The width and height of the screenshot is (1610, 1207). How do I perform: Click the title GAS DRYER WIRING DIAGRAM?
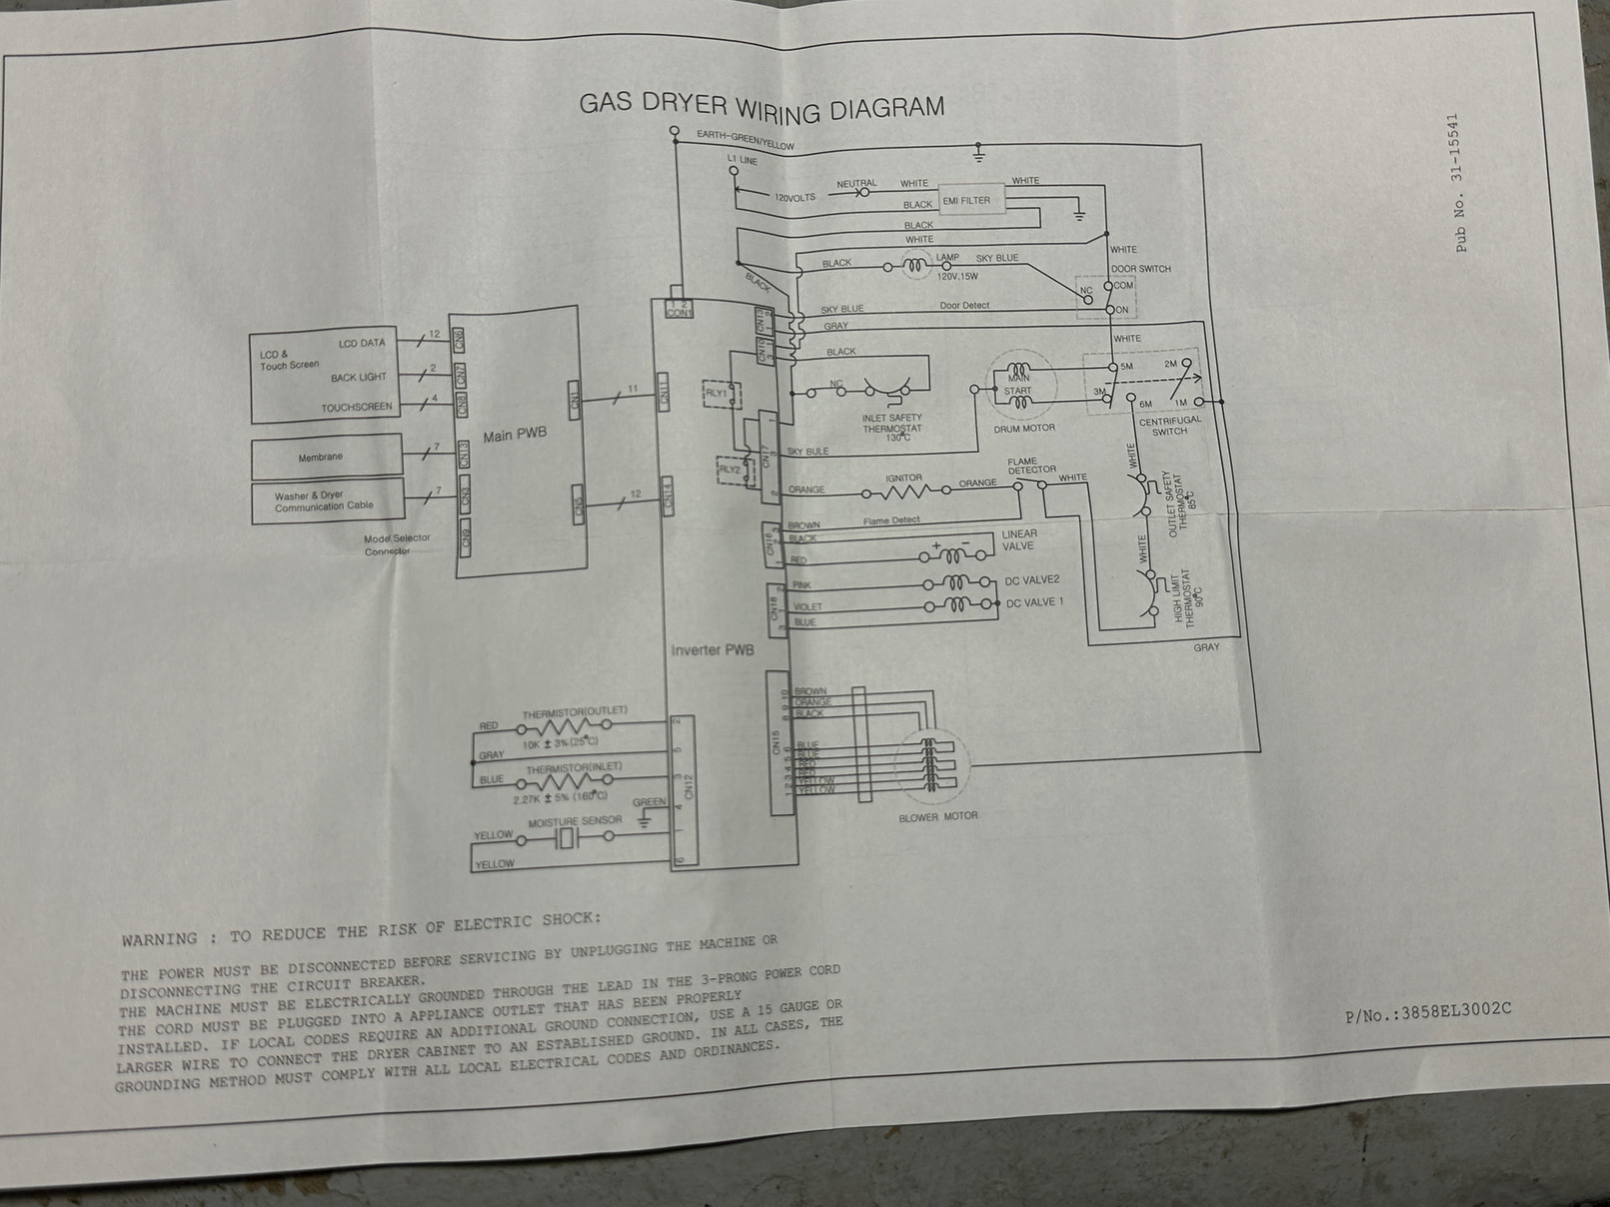click(x=761, y=106)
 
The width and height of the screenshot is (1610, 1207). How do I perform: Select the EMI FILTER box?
click(x=970, y=199)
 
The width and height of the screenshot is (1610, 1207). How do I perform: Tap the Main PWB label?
click(x=514, y=434)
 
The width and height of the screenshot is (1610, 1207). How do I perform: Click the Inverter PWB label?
click(x=712, y=650)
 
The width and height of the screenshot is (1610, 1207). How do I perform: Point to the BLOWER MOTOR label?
click(x=937, y=816)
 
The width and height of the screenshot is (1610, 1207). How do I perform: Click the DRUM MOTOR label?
click(x=1024, y=428)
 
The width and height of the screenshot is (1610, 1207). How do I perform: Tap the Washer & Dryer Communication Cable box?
click(x=327, y=501)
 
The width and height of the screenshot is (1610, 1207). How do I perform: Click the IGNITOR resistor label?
click(x=903, y=478)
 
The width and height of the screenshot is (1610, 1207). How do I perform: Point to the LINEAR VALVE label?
click(x=1019, y=540)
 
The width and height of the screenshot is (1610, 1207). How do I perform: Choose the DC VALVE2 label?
click(x=1031, y=580)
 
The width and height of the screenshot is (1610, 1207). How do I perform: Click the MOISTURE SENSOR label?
click(x=574, y=821)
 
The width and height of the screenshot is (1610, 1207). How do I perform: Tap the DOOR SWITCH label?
click(x=1140, y=269)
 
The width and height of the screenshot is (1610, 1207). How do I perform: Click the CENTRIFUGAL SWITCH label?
click(x=1169, y=426)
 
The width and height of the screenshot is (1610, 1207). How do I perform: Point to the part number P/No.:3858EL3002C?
click(x=1427, y=1012)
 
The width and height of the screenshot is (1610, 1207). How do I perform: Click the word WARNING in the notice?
click(x=159, y=940)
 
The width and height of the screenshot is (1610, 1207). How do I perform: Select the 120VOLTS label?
click(x=794, y=198)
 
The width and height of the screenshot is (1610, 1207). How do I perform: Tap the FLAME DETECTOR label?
click(x=1031, y=465)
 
